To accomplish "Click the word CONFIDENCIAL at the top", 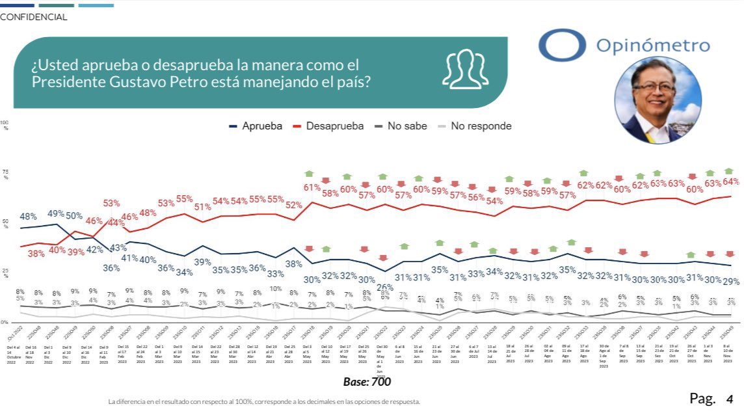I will point(34,18).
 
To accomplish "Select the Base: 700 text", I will point(367,382).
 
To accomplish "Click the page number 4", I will point(730,398).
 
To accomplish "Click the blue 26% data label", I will point(385,287).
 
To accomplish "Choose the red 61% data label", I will point(312,188).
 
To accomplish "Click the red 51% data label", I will point(202,207).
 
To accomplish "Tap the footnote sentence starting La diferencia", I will point(264,401).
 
